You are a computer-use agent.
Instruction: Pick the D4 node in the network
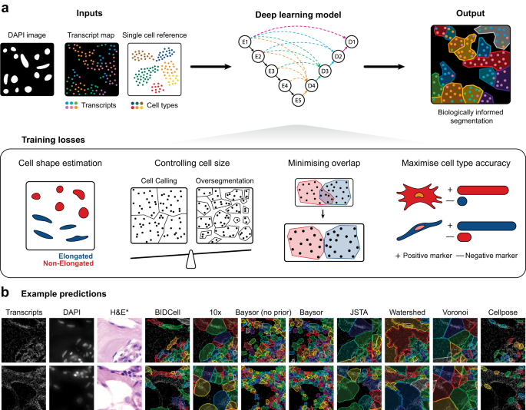tap(312, 86)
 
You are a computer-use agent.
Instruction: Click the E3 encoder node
tap(270, 71)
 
